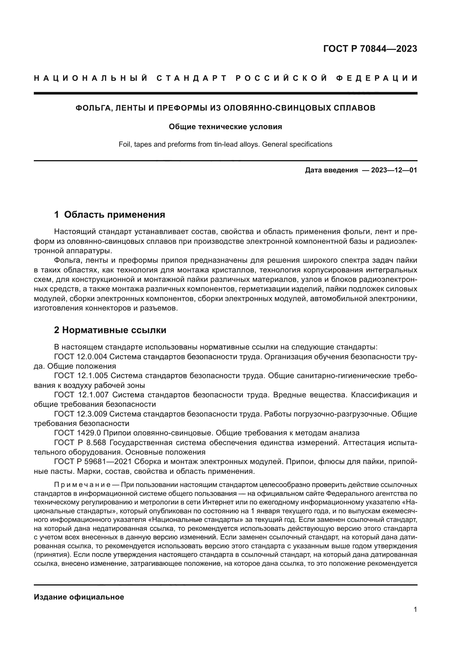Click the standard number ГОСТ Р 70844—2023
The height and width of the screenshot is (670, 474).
370,49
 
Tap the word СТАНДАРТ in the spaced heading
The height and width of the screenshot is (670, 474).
191,78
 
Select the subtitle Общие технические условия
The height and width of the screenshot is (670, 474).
225,127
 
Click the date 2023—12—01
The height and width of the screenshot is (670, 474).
394,170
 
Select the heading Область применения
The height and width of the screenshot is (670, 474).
114,215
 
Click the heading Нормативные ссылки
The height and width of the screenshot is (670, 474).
114,330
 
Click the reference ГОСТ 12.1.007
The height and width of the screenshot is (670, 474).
81,395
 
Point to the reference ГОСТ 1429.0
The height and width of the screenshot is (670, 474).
77,433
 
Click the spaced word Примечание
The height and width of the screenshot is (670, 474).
82,485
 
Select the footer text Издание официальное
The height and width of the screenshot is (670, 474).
79,597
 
